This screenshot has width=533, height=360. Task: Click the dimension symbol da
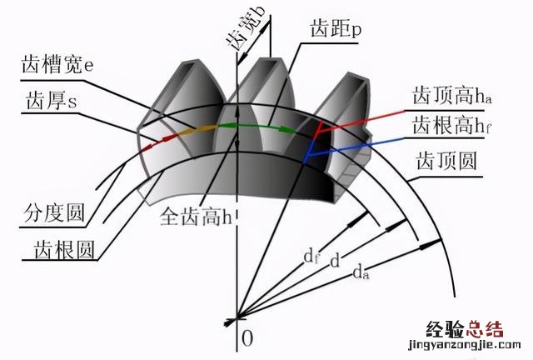[x=361, y=272]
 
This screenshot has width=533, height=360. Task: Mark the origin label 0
[x=247, y=337]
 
